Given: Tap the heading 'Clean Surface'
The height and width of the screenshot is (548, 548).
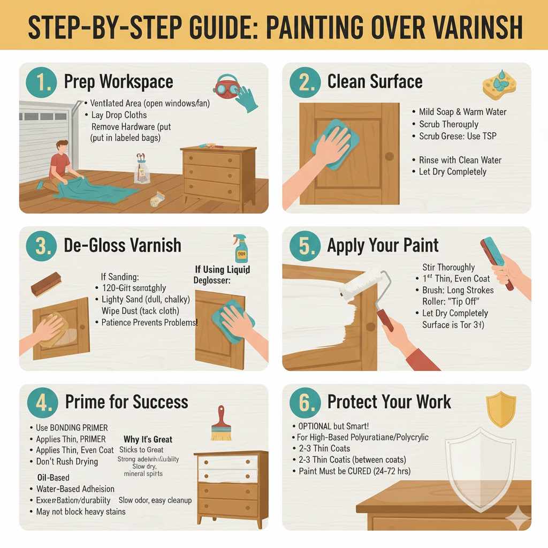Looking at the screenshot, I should point(375,82).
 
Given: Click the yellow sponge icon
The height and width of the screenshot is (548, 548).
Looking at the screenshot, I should point(499,86).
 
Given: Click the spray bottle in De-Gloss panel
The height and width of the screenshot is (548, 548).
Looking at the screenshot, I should point(240,248).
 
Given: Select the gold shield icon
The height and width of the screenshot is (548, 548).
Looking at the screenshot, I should point(501,409).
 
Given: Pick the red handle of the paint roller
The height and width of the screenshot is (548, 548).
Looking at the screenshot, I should point(385,320).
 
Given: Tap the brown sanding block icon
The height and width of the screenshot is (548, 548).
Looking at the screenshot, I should point(46,284).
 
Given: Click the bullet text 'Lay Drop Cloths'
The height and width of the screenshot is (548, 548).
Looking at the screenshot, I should point(119,115).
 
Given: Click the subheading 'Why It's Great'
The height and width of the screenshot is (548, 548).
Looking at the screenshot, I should point(148,439).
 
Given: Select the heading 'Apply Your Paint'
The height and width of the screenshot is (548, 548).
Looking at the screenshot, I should point(383,246).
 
